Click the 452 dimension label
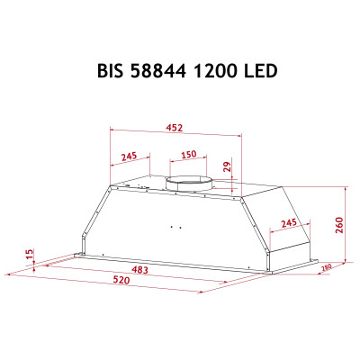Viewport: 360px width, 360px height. [176, 127]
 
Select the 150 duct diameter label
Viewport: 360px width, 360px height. [188, 155]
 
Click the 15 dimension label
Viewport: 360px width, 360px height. [30, 256]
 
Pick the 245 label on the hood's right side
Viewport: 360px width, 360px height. [288, 223]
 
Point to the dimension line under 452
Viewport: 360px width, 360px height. [176, 134]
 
